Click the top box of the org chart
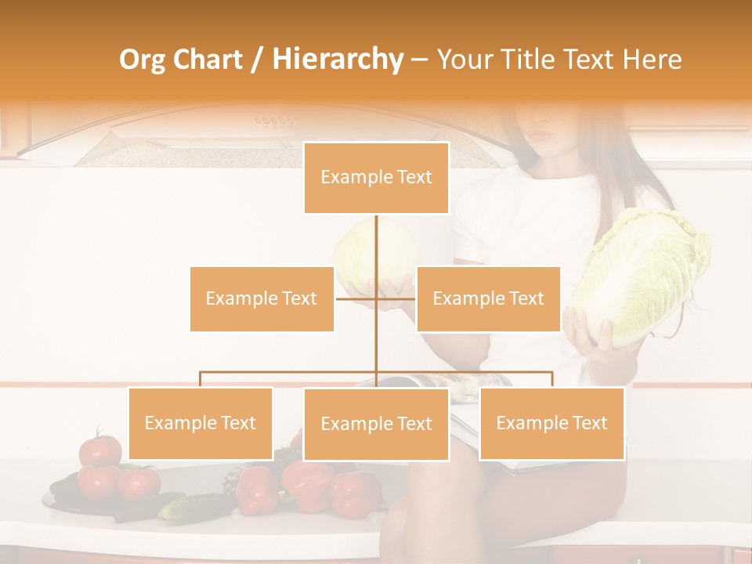pos(376,178)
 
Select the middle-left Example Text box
pos(262,298)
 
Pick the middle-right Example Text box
pos(488,298)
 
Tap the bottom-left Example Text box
pos(201,423)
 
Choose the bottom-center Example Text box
pos(376,424)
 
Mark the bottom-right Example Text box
pos(551,423)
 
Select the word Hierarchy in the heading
pos(338,60)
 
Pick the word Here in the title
pos(652,60)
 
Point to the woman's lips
pos(542,135)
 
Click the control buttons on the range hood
pos(274,121)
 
